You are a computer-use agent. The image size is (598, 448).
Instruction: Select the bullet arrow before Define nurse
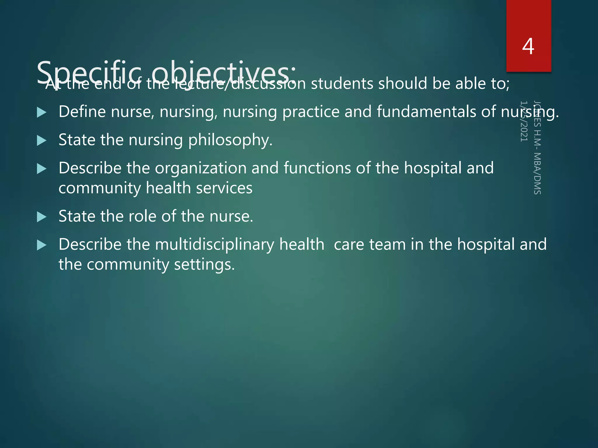click(x=42, y=113)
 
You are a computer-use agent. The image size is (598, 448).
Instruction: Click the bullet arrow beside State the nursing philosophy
click(x=42, y=141)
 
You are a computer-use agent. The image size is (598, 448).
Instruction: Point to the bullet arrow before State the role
click(x=42, y=217)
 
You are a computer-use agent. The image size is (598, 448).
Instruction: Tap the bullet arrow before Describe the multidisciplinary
click(x=42, y=245)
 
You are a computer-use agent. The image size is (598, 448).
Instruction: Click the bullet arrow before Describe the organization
click(x=42, y=169)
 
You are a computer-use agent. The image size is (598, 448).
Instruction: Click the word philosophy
click(x=230, y=140)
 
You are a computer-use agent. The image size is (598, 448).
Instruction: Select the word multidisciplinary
click(x=215, y=244)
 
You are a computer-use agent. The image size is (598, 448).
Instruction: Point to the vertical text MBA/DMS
click(x=537, y=173)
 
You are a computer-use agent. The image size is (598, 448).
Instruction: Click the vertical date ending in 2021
click(x=524, y=121)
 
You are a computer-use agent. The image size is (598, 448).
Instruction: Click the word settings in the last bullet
click(x=204, y=265)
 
